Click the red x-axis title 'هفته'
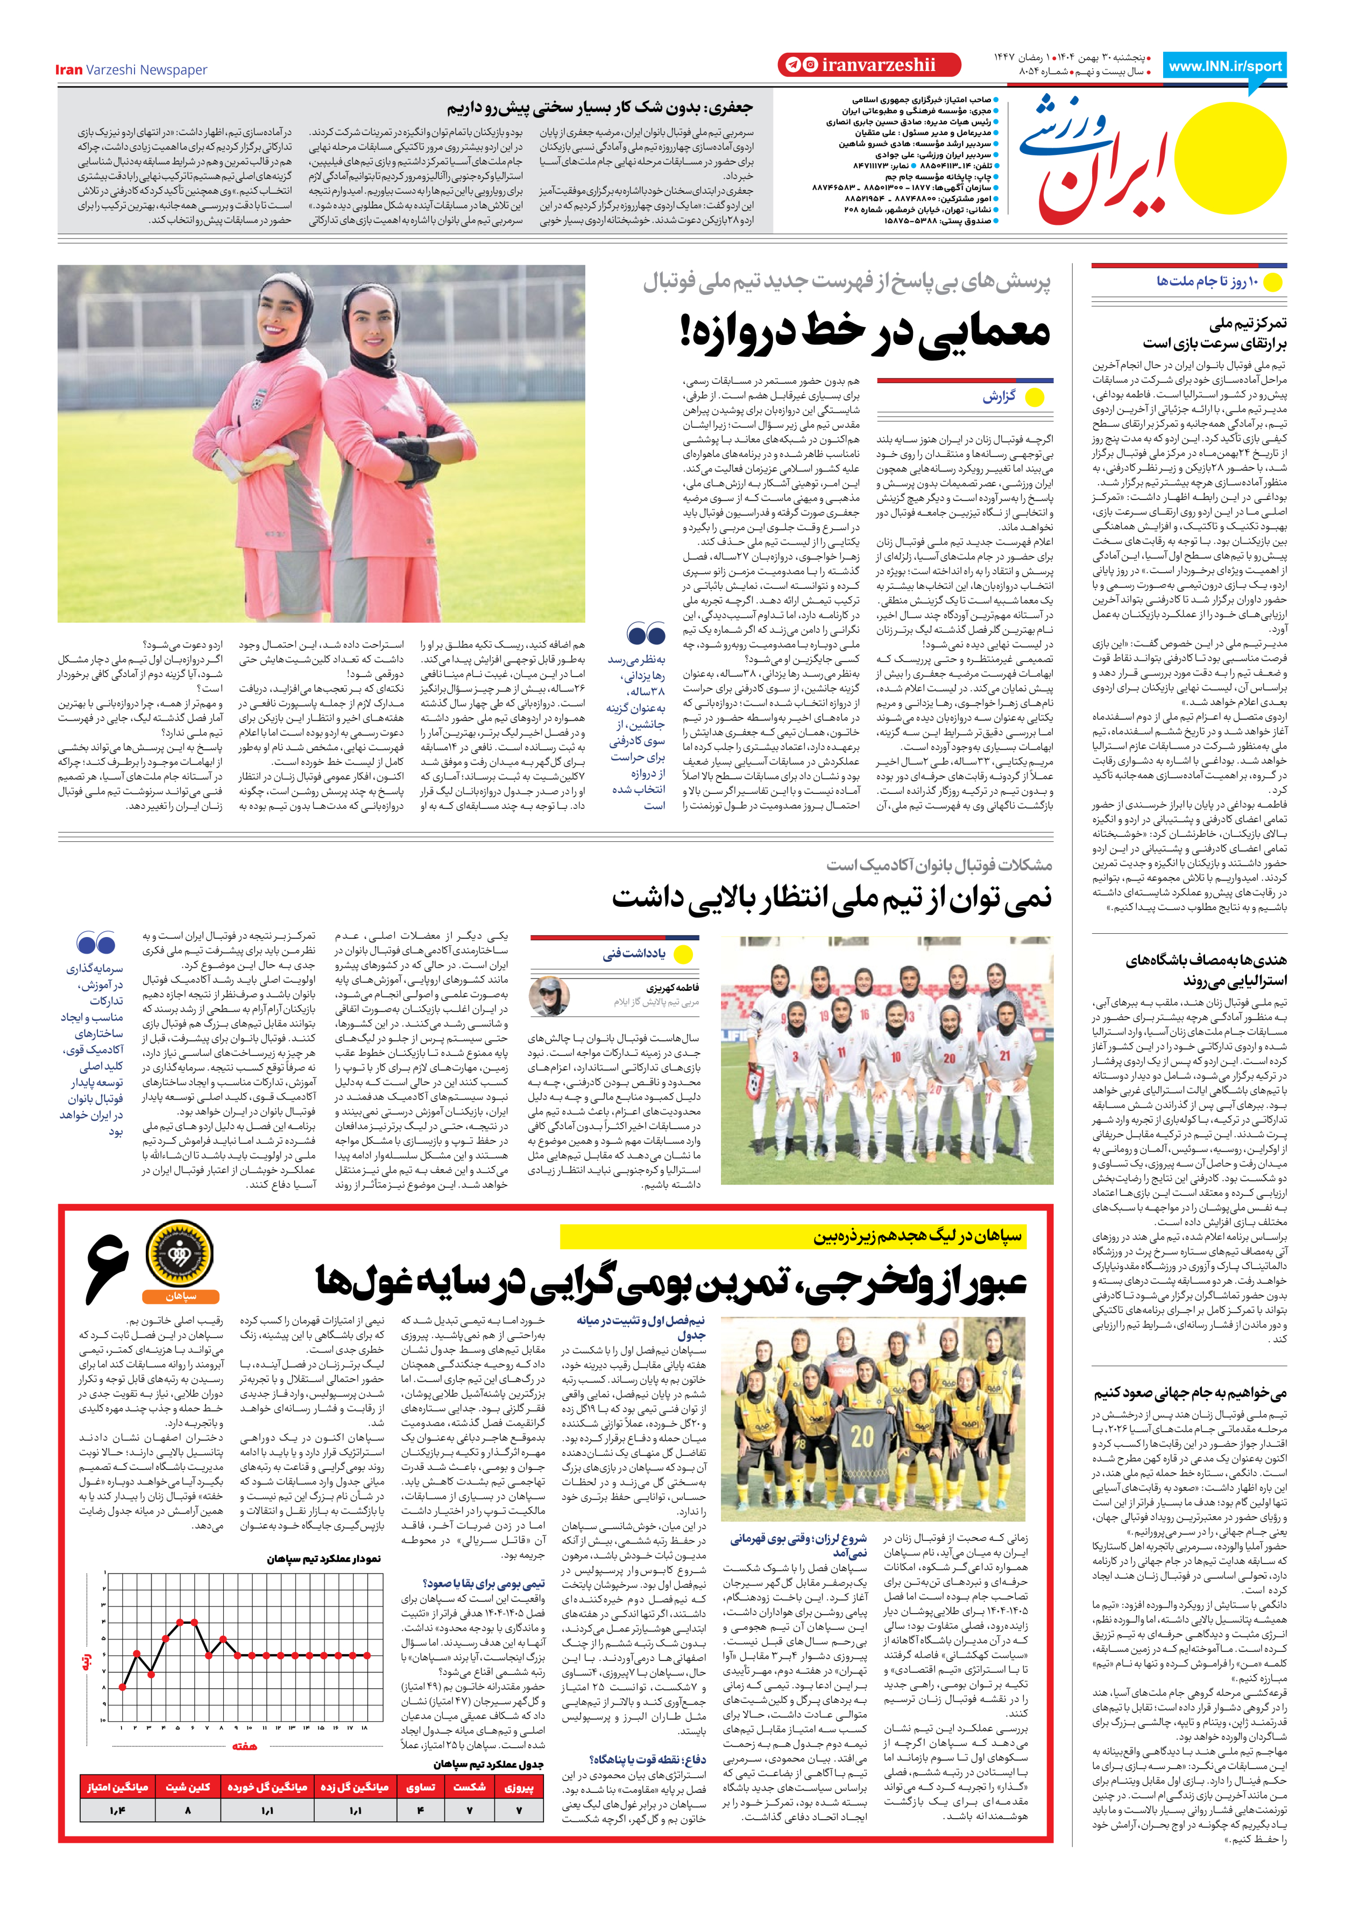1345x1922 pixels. click(x=244, y=1745)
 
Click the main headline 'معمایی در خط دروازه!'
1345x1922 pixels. click(x=865, y=332)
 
